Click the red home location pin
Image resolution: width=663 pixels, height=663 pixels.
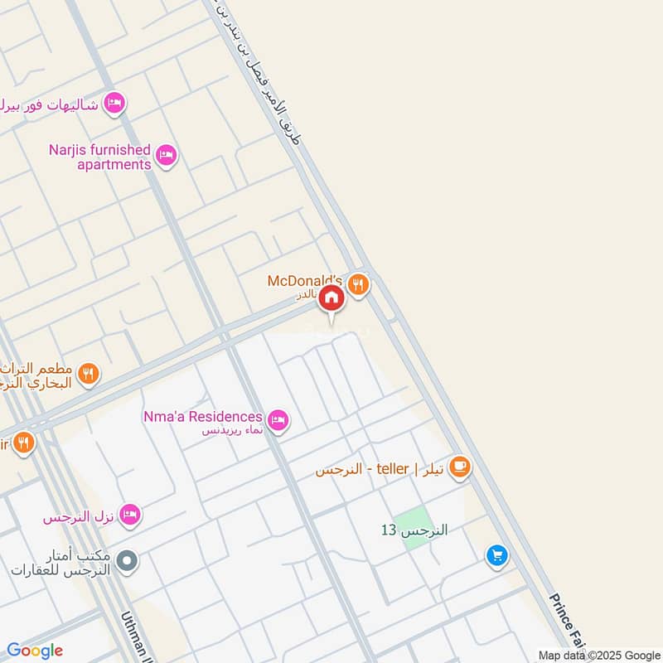click(331, 298)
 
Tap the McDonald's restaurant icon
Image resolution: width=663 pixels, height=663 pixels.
click(358, 284)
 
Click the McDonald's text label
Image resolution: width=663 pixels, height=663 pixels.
click(304, 281)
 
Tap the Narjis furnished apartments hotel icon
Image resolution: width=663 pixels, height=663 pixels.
click(167, 155)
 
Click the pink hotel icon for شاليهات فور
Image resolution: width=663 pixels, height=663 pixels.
click(115, 103)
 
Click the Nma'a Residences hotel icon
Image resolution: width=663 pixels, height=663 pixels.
click(278, 420)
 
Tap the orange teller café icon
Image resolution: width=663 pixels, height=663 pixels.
click(460, 468)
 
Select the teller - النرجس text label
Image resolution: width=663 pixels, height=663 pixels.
click(373, 469)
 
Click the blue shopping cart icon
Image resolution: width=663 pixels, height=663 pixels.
click(496, 556)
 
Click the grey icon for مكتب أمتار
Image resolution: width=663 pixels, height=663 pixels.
click(127, 562)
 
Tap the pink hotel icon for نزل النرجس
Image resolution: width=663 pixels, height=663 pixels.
click(129, 516)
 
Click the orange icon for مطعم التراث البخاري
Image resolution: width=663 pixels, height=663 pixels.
click(90, 375)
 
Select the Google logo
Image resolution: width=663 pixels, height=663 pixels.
click(35, 651)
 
